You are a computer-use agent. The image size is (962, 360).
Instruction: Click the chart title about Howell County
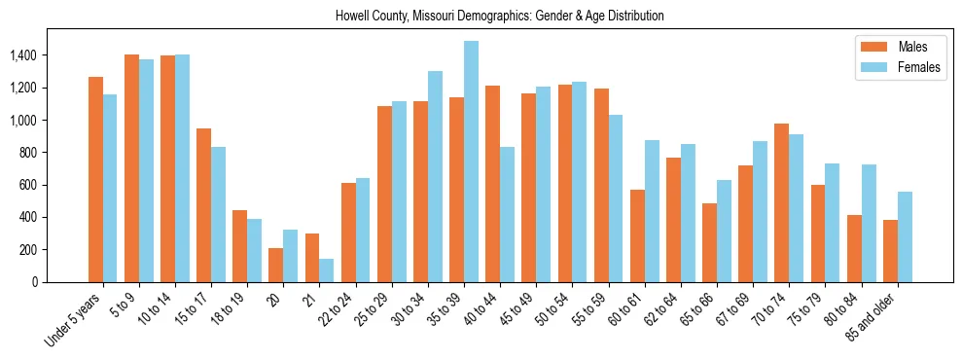coord(499,17)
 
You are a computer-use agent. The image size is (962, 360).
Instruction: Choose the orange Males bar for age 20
coord(276,265)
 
